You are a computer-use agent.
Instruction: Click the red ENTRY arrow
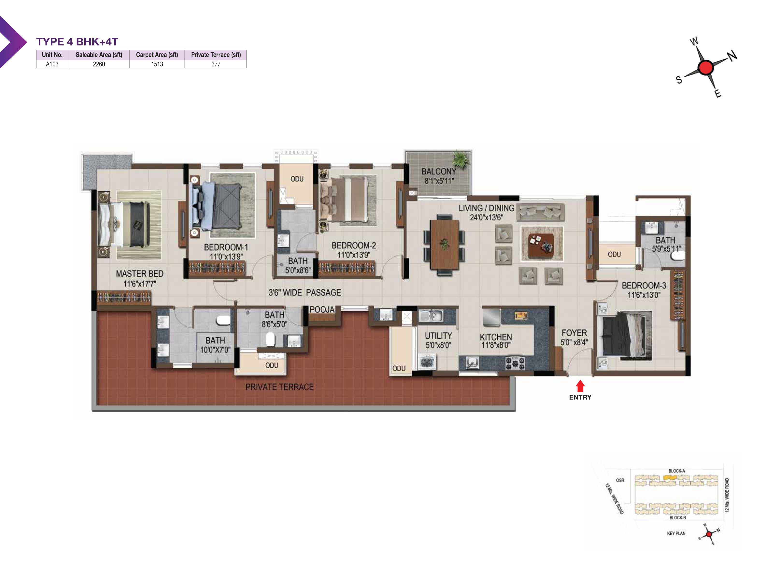pyautogui.click(x=580, y=386)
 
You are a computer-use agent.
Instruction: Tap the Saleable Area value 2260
pyautogui.click(x=99, y=64)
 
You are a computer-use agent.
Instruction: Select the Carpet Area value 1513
pyautogui.click(x=157, y=64)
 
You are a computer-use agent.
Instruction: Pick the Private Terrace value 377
pyautogui.click(x=216, y=64)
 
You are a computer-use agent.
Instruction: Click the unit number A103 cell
pyautogui.click(x=52, y=64)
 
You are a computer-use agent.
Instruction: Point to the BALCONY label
pyautogui.click(x=439, y=172)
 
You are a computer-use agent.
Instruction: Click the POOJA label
pyautogui.click(x=322, y=309)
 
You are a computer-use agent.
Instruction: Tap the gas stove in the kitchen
pyautogui.click(x=515, y=362)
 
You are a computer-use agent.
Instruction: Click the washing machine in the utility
pyautogui.click(x=426, y=362)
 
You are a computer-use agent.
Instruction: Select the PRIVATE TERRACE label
pyautogui.click(x=279, y=387)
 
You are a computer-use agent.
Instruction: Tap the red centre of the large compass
pyautogui.click(x=706, y=67)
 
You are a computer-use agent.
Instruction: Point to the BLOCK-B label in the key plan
pyautogui.click(x=677, y=518)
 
